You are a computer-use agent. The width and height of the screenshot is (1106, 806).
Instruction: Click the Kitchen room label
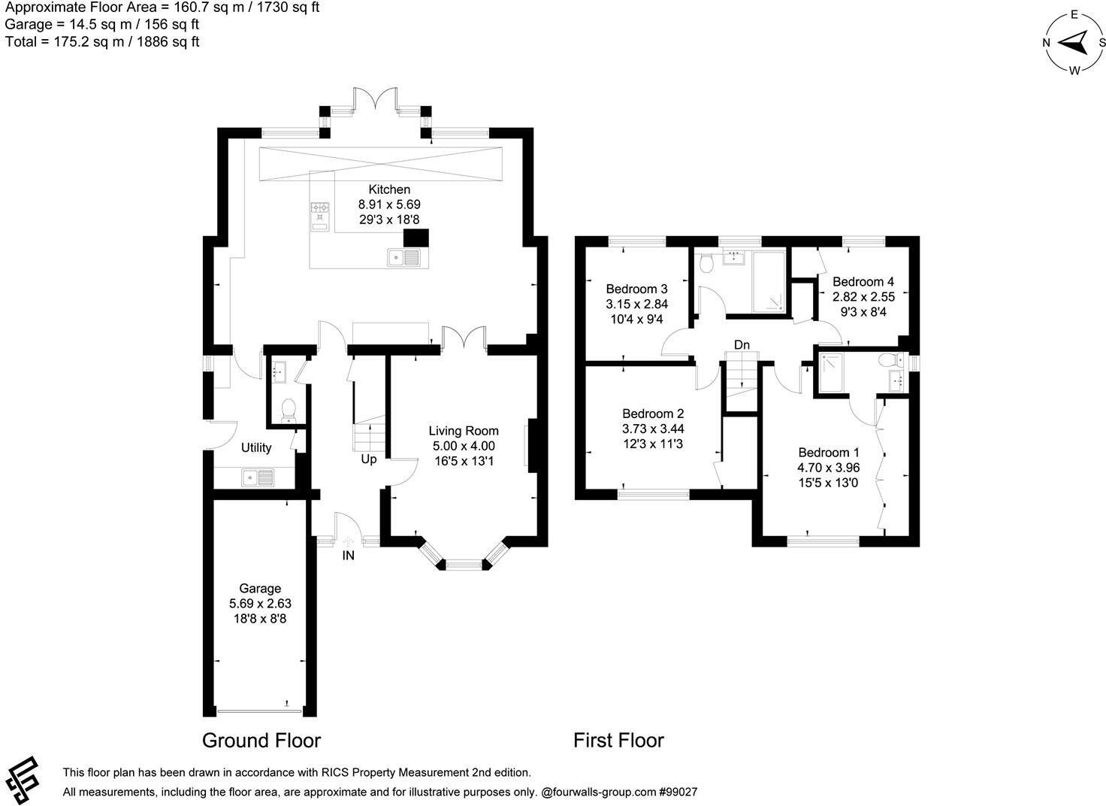click(389, 189)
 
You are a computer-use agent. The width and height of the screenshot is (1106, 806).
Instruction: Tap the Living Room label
click(464, 431)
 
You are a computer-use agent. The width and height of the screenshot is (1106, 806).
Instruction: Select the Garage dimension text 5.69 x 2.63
click(260, 603)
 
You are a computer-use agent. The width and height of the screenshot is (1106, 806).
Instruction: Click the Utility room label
click(256, 447)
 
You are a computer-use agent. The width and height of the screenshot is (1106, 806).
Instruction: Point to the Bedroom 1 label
click(829, 453)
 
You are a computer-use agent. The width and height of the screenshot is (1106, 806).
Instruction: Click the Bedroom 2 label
click(653, 414)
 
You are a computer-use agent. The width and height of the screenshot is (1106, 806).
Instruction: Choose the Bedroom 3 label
click(636, 289)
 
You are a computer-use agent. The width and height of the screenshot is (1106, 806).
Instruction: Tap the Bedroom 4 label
click(863, 282)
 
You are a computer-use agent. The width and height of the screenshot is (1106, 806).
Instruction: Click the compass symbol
click(1074, 42)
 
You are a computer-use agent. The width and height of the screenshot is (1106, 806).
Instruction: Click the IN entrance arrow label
click(348, 555)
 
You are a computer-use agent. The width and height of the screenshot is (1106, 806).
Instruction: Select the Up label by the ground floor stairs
click(369, 459)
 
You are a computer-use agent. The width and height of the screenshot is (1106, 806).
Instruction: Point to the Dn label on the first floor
click(742, 344)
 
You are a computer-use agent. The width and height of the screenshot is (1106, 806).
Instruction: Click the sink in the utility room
click(258, 477)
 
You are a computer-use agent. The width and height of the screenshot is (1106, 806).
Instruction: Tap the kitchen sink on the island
click(404, 258)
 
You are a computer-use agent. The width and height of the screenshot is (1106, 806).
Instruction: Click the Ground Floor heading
click(261, 741)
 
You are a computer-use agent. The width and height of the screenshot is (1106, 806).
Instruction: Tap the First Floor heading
click(618, 741)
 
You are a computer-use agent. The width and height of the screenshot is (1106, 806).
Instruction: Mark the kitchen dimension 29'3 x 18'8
click(389, 220)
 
